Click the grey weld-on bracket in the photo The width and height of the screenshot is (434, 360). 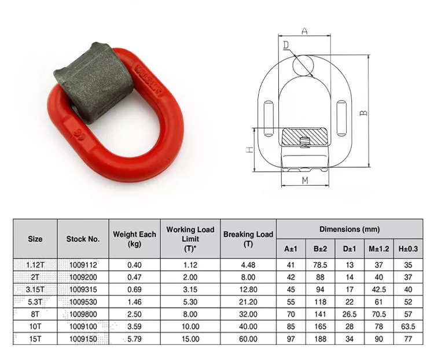point(93,81)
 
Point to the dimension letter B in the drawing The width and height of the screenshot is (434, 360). point(363,113)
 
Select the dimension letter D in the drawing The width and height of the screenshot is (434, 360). point(286,45)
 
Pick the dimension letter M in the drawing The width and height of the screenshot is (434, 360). point(305,181)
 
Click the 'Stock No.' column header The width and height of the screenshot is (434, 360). point(83,238)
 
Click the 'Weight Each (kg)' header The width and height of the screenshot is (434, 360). point(134,238)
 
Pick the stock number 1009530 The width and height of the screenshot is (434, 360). point(83,302)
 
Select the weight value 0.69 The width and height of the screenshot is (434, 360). point(134,289)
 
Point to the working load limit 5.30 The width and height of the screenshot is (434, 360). point(190,302)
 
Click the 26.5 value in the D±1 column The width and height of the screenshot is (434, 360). point(349,314)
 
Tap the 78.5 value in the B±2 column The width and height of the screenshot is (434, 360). point(321,265)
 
